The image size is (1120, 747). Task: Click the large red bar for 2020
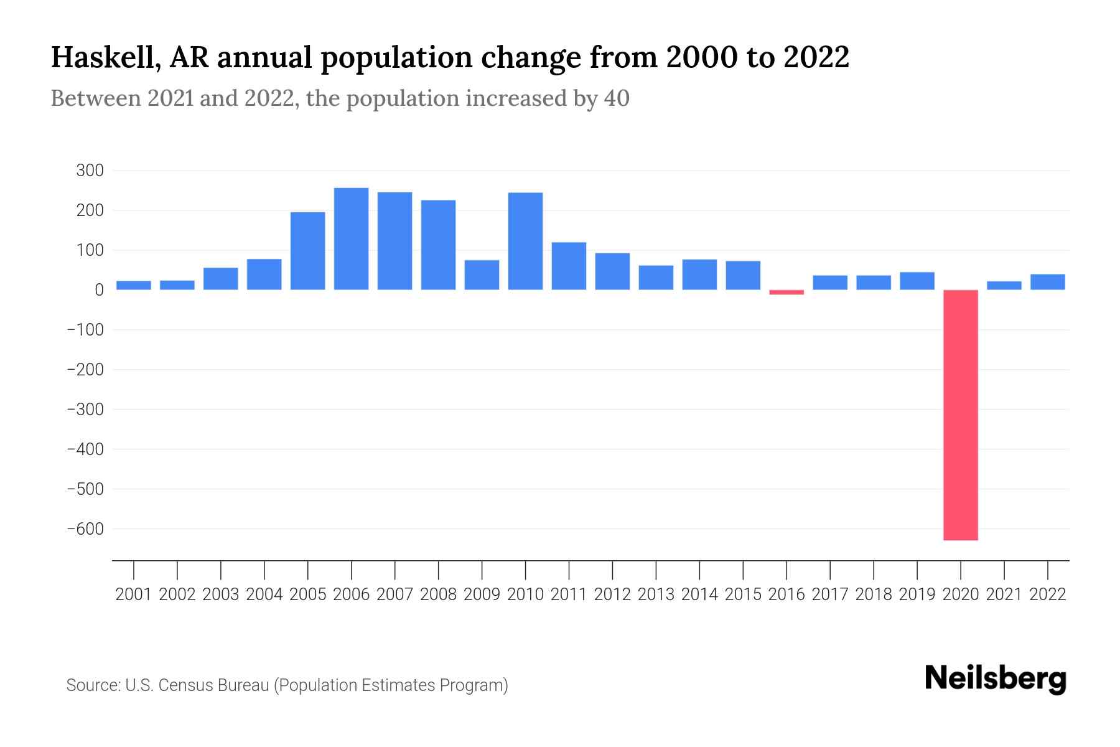(x=960, y=415)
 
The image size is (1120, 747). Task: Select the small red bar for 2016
(x=786, y=292)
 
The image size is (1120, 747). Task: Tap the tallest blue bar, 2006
(x=351, y=238)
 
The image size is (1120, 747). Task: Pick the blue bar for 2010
(x=525, y=241)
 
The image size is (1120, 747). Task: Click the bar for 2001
(x=134, y=285)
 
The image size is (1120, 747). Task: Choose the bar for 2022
(x=1047, y=282)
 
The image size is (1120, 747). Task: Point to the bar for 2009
(x=482, y=275)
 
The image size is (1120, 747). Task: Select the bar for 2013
(x=656, y=278)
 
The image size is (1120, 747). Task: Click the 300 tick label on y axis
(x=90, y=171)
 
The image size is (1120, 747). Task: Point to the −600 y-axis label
(x=85, y=529)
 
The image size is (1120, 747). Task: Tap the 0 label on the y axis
(x=99, y=290)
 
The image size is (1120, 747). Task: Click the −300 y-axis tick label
(x=85, y=409)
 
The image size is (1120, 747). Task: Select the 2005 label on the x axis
(x=308, y=594)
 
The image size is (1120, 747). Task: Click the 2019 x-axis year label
(x=917, y=594)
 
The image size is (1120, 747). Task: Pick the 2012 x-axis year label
(x=612, y=594)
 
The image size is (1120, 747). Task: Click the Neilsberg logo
(x=996, y=679)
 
